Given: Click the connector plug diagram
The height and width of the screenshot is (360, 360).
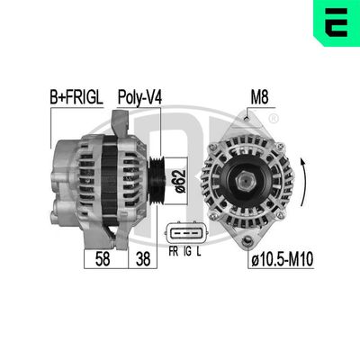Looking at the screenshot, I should click(x=187, y=236).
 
